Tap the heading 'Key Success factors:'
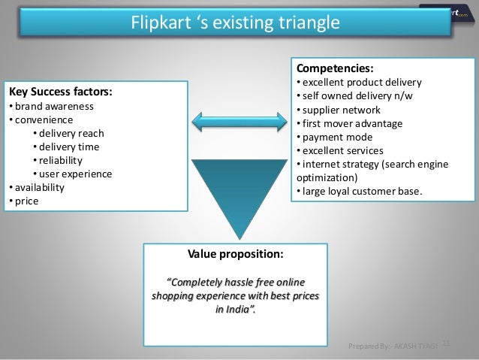pyautogui.click(x=60, y=92)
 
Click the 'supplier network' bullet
pyautogui.click(x=339, y=110)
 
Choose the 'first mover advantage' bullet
pyautogui.click(x=349, y=123)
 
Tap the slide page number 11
pyautogui.click(x=445, y=344)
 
